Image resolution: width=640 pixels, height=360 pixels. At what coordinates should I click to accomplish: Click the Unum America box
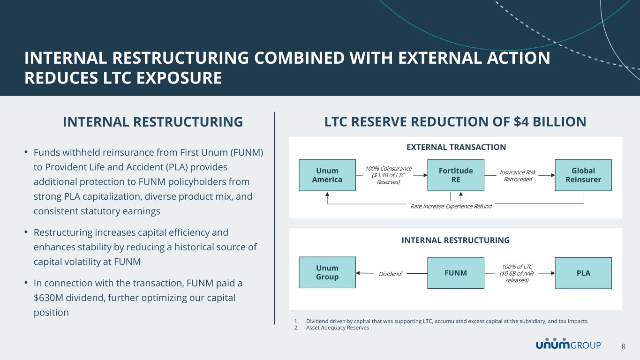327,175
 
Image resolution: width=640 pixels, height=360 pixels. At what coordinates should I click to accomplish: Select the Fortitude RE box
455,175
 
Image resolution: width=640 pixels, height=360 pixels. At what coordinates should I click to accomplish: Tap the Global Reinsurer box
583,175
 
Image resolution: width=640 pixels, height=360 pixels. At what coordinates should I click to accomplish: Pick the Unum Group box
327,272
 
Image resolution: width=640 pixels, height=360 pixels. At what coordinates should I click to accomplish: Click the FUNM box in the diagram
455,273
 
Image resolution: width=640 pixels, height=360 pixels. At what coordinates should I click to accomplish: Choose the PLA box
583,273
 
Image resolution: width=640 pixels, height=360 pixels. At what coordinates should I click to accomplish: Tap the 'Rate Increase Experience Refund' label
451,206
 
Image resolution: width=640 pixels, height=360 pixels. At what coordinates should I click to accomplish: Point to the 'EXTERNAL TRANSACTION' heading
455,147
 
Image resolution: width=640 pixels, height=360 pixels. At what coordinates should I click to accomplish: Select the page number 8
624,346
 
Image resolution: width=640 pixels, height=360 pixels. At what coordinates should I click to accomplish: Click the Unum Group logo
569,345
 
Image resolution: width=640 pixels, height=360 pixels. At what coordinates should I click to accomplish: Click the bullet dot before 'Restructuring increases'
27,232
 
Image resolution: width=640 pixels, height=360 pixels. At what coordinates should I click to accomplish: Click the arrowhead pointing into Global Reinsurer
552,175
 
